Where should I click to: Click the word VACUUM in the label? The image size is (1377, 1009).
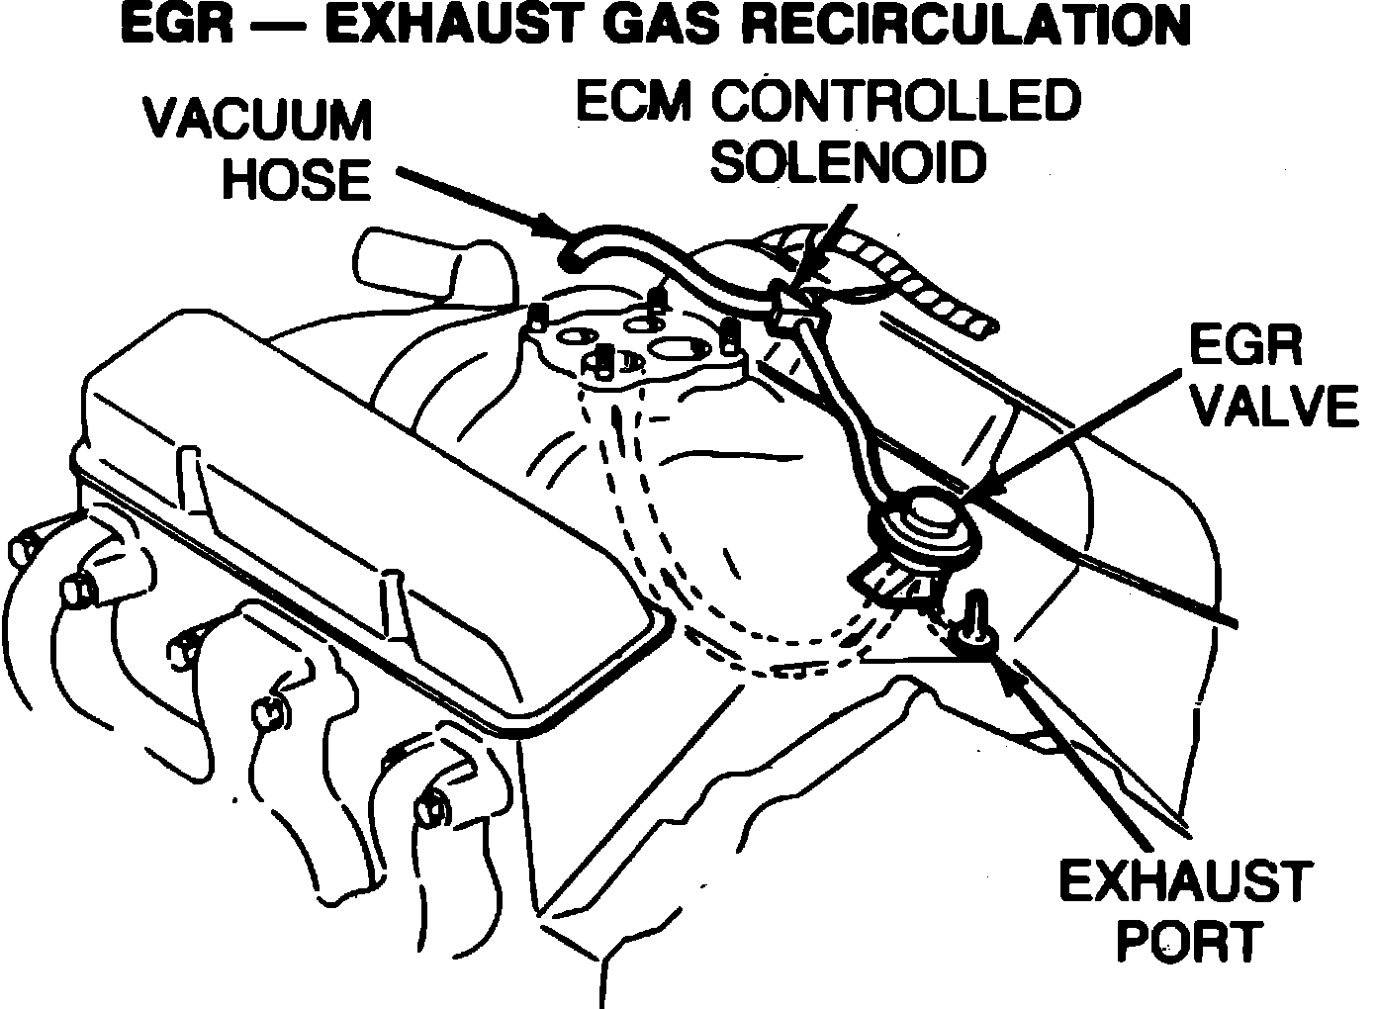[x=259, y=121]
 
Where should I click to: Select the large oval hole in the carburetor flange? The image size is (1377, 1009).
[x=679, y=348]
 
